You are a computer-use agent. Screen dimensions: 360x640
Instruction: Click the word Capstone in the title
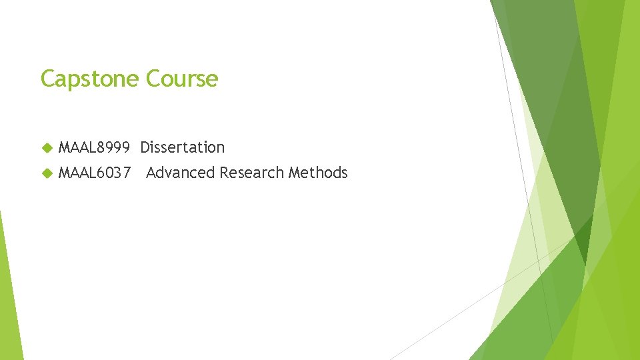[90, 79]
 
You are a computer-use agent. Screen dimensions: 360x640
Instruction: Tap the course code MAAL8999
[94, 147]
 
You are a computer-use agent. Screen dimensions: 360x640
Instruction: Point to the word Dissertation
[183, 147]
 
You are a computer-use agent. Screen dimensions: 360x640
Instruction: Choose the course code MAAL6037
[94, 173]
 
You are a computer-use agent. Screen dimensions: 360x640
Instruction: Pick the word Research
[252, 173]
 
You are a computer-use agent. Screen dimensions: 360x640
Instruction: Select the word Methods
[318, 173]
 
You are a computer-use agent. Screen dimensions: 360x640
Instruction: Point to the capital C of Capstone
[48, 79]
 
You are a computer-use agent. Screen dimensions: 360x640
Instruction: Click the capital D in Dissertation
[145, 147]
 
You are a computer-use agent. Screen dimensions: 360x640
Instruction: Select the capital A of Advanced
[151, 173]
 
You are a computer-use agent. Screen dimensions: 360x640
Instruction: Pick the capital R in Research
[224, 173]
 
